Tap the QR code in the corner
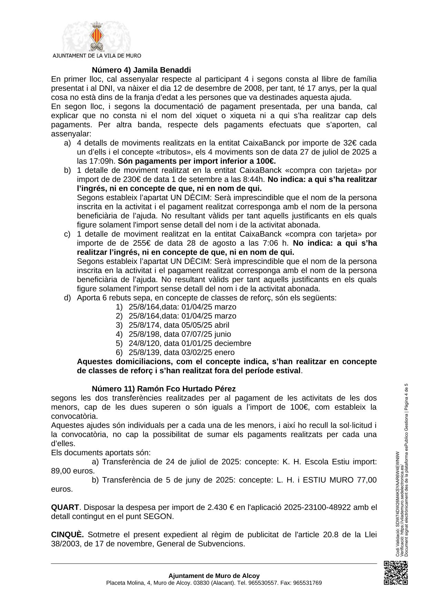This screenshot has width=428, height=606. coord(396,573)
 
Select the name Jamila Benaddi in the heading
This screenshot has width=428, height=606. coord(162,70)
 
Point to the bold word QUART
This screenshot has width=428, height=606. coord(65,507)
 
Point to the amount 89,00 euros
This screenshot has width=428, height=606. coord(72,471)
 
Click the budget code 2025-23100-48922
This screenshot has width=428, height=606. coord(317,507)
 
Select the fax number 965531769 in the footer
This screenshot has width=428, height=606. coord(307,583)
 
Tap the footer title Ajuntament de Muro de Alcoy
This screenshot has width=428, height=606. coord(214,576)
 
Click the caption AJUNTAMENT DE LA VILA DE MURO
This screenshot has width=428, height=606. coord(97,56)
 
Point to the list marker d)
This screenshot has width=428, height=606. coord(67,298)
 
